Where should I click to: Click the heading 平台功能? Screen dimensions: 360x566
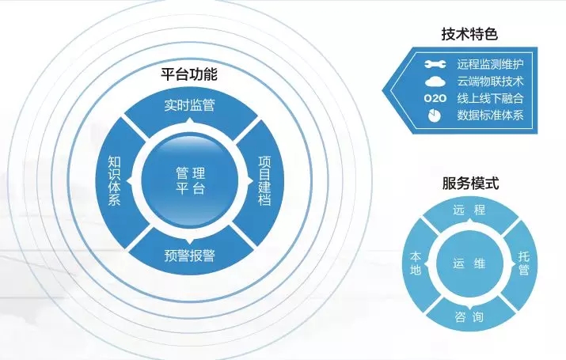tap(189, 75)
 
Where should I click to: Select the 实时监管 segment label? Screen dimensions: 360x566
tap(189, 104)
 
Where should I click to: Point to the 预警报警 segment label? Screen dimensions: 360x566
tap(189, 256)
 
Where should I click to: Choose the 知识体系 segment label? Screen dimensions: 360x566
tap(114, 181)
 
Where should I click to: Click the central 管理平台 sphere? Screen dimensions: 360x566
tap(189, 181)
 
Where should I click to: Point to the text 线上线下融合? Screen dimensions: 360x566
tap(491, 98)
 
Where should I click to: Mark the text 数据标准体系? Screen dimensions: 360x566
tap(491, 116)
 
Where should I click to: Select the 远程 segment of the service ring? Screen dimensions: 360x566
tap(469, 210)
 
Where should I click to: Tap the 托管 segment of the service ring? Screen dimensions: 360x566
tap(523, 263)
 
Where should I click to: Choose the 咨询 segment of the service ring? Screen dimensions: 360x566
tap(469, 317)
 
